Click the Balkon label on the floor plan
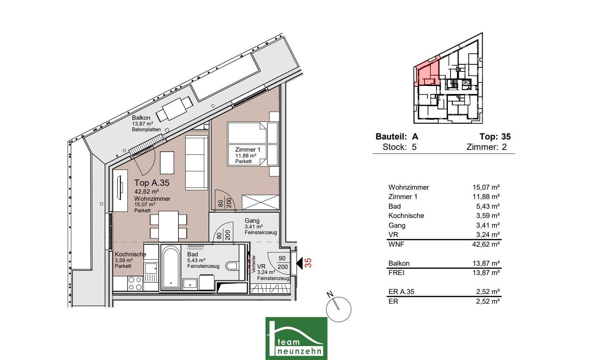click(141, 118)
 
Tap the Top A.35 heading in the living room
click(152, 183)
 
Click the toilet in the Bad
click(233, 266)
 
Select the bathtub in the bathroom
click(171, 267)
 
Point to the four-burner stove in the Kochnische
click(135, 283)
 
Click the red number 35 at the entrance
click(308, 263)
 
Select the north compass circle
click(339, 309)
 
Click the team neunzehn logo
click(296, 338)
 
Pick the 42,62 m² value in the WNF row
click(486, 244)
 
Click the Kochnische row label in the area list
click(406, 215)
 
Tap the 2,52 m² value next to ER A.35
click(488, 292)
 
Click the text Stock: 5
click(400, 147)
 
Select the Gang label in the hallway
click(252, 221)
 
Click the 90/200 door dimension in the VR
click(282, 262)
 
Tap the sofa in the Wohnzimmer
click(196, 163)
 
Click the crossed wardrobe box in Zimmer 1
click(260, 203)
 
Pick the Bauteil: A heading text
click(397, 136)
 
